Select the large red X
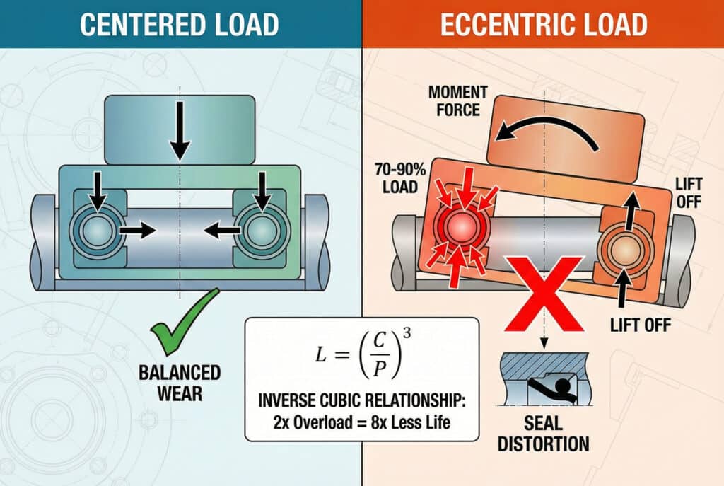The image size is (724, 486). tap(544, 294)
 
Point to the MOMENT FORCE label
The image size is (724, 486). tap(459, 100)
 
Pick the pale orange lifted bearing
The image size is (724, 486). tap(622, 250)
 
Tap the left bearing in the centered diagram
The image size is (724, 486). tap(99, 231)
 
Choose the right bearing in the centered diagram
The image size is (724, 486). tap(261, 231)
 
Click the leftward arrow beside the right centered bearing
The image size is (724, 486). tap(218, 231)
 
